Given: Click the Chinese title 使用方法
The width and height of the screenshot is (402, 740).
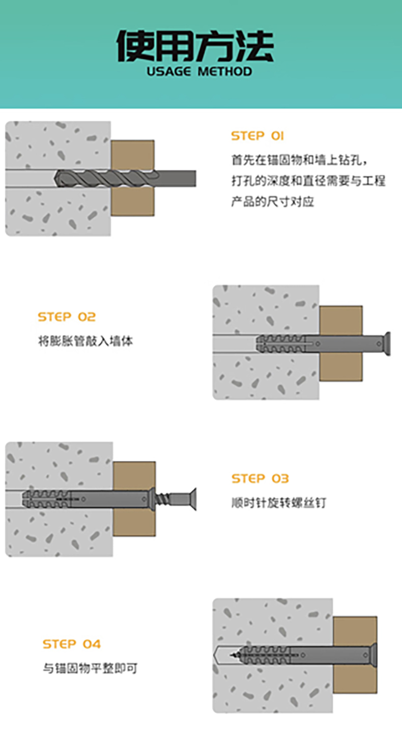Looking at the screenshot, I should (195, 47).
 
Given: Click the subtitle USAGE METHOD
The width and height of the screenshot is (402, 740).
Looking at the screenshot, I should (199, 71).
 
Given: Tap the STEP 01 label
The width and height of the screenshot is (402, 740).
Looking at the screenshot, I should (257, 136).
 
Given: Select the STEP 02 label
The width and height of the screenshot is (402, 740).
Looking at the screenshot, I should (67, 317).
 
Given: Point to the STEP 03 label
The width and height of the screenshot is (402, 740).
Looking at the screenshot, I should (260, 478).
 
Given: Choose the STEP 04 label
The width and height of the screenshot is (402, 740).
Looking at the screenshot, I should (72, 644).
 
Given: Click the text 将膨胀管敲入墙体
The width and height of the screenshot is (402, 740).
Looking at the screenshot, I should (85, 341).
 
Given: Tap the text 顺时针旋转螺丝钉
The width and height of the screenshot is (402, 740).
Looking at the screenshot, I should (279, 503).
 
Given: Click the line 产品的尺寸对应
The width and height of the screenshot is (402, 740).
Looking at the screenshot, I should (273, 202).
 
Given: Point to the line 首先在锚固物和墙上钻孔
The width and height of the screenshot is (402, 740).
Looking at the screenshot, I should (299, 161).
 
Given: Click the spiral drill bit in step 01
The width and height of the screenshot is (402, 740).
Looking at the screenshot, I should (102, 178).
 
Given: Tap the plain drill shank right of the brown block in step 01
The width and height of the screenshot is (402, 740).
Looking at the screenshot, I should (176, 178).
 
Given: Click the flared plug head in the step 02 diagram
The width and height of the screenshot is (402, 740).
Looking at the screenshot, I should (386, 343).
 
